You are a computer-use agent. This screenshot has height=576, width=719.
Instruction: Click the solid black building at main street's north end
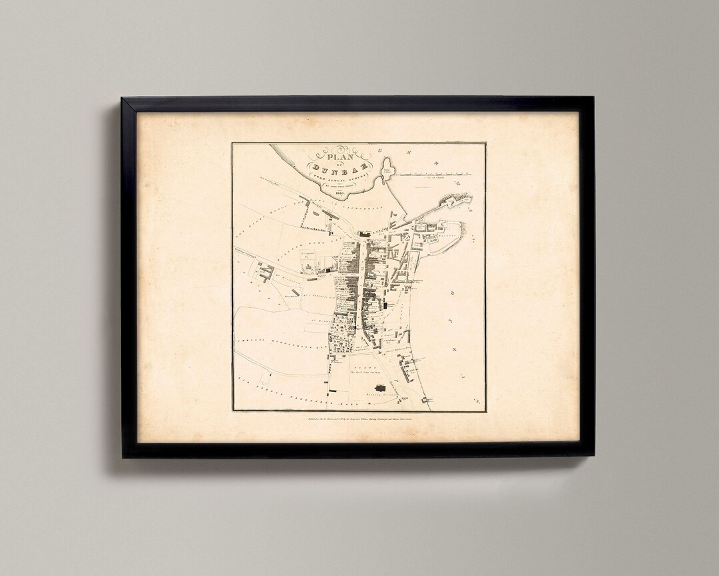(x=364, y=234)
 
